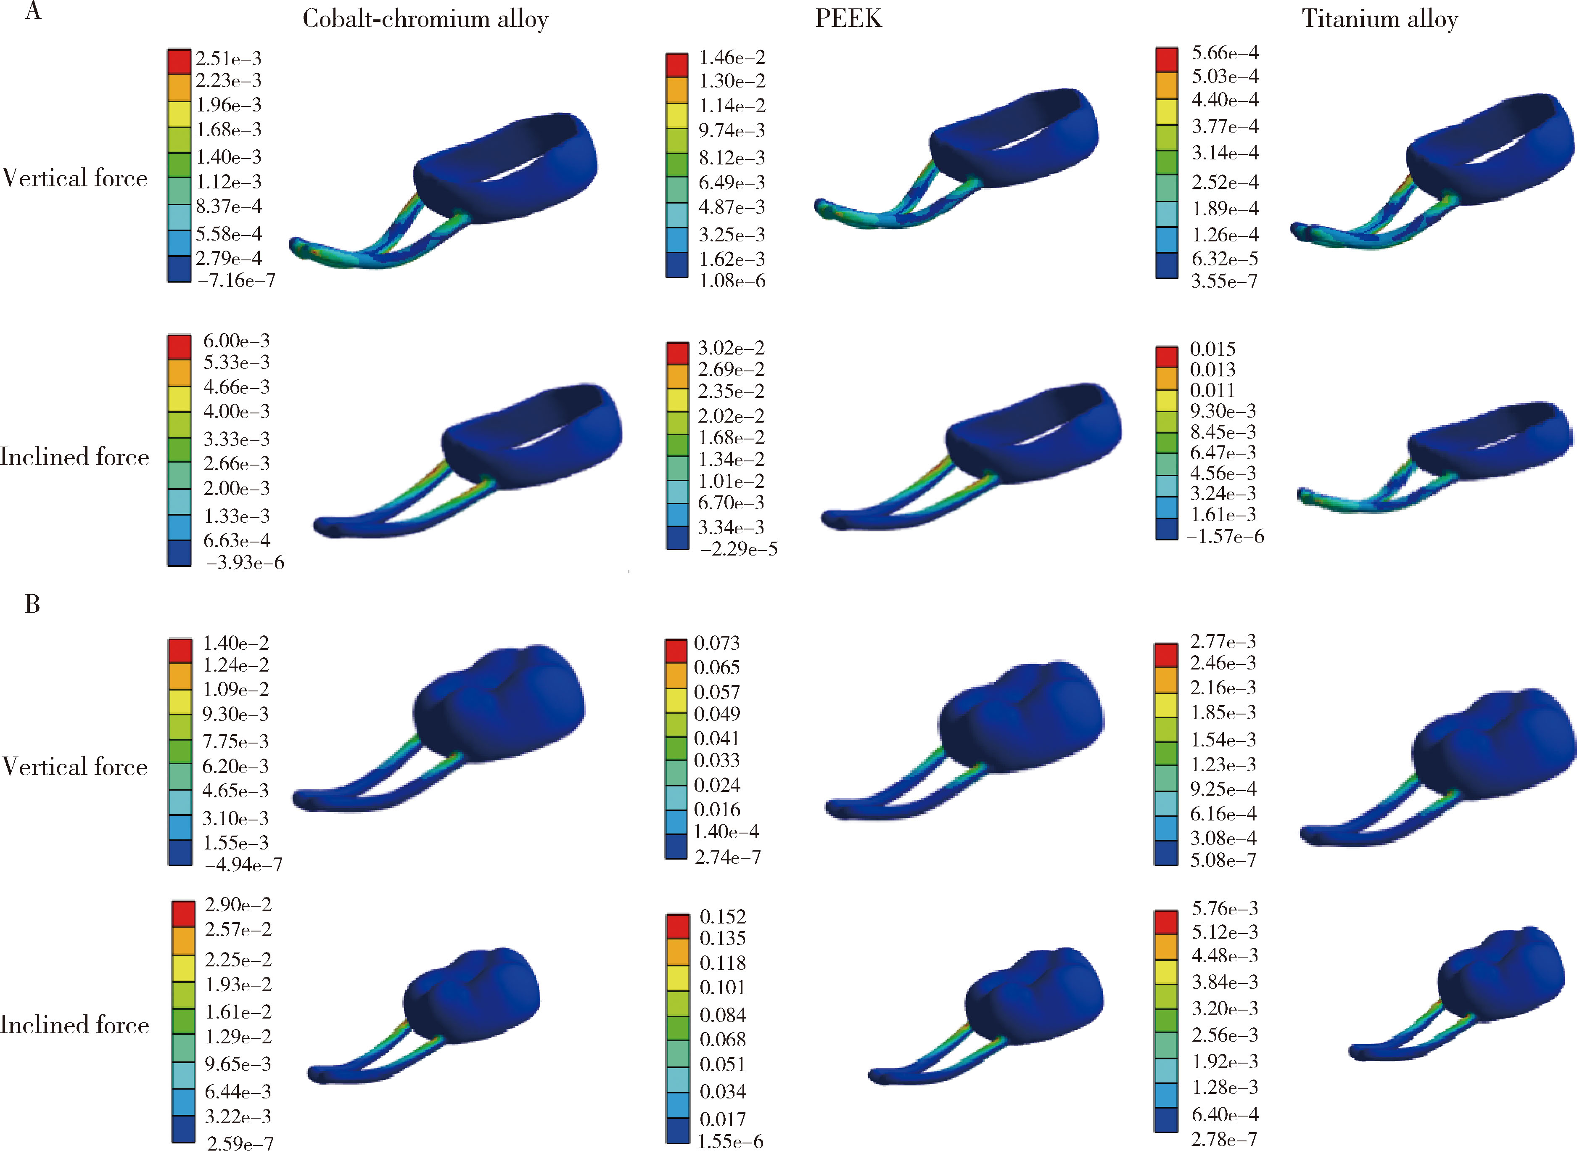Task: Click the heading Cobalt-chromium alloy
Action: click(x=425, y=19)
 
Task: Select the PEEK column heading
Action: click(x=848, y=19)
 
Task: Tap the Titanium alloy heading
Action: click(x=1380, y=19)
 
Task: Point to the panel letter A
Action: click(x=33, y=12)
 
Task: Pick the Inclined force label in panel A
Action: click(x=74, y=457)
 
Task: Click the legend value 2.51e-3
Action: click(x=228, y=58)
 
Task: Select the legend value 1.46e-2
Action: click(x=732, y=57)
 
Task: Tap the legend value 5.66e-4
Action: click(x=1225, y=53)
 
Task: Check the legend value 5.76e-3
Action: click(x=1225, y=908)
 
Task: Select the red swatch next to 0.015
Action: click(x=1167, y=356)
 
